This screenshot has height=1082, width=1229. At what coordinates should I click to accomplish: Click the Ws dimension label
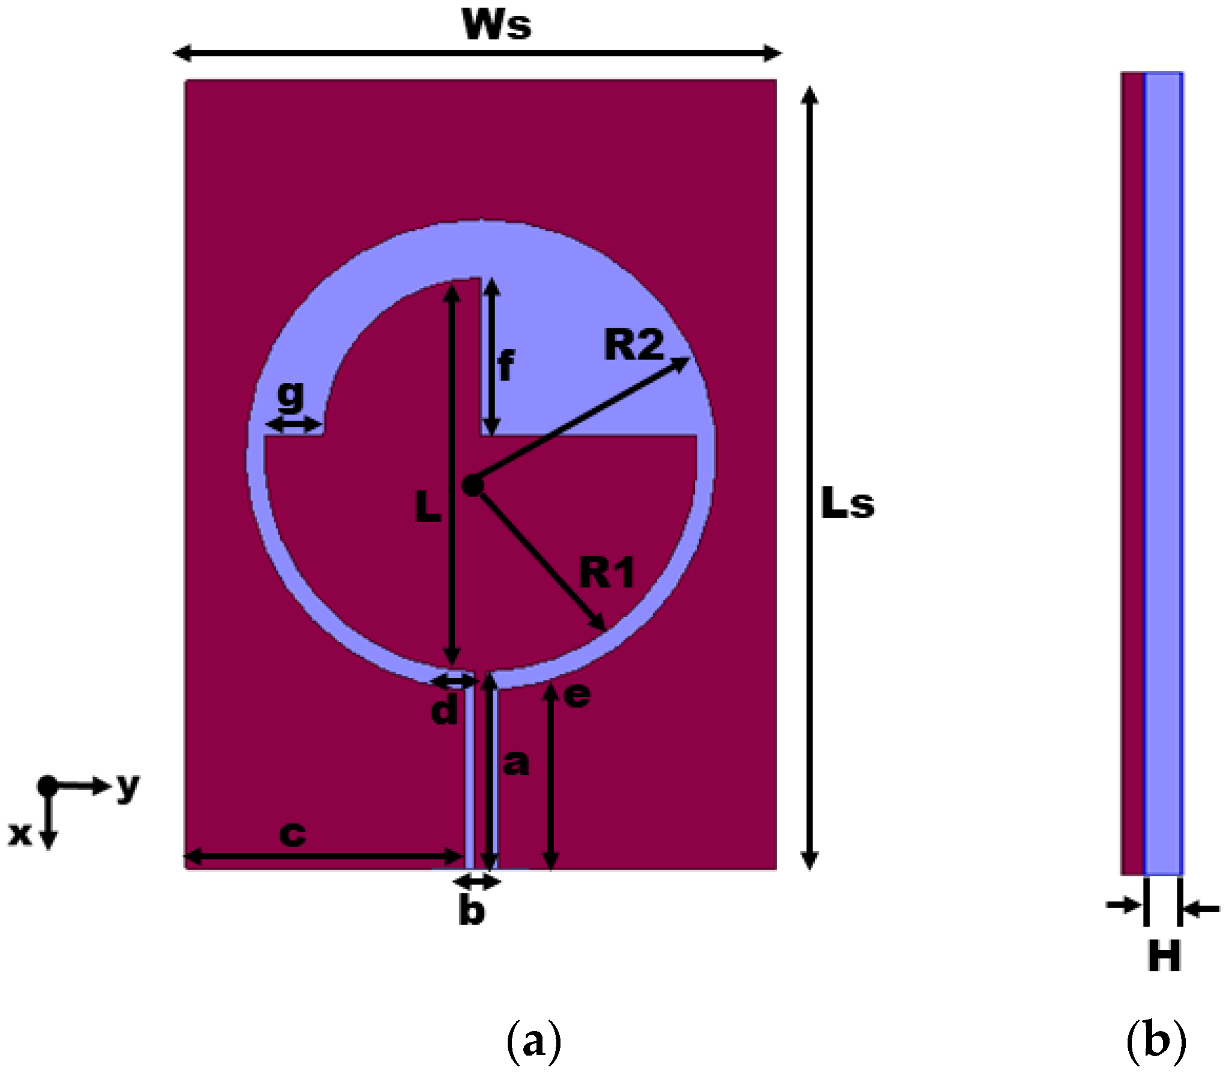coord(496,25)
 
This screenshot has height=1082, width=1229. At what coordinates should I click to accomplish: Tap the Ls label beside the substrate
coord(847,503)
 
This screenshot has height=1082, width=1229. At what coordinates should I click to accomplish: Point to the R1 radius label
coord(607,572)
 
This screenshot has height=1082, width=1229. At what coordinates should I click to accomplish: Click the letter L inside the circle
coord(428,506)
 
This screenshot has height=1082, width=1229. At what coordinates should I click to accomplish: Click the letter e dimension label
coord(577,696)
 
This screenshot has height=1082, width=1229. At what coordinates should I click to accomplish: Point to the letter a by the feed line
coord(515,763)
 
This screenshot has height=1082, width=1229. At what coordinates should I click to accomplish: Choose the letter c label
coord(293,834)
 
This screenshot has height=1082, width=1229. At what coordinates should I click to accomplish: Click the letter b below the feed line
coord(472,910)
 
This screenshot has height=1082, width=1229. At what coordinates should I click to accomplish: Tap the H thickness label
coord(1164,956)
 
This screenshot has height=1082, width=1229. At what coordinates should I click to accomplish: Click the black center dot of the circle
coord(473,486)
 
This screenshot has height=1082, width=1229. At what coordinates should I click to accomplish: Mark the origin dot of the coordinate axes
coord(47,786)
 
